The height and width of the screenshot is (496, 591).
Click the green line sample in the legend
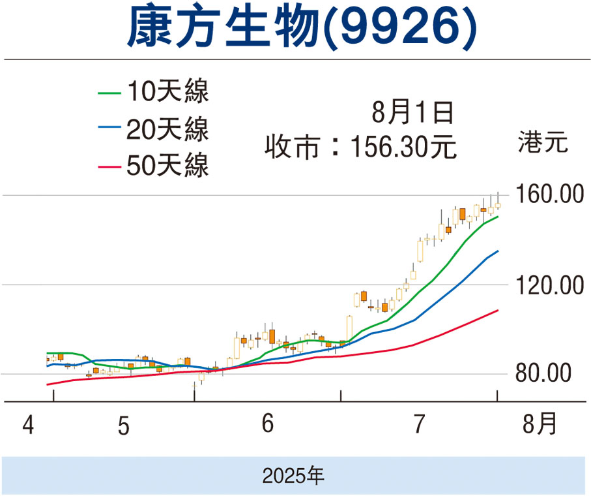(x=109, y=92)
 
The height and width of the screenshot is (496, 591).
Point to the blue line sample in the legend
(x=109, y=129)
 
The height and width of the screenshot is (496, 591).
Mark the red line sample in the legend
(x=109, y=166)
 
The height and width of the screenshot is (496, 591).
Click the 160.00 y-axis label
(x=546, y=194)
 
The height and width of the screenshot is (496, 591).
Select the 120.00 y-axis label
(x=546, y=285)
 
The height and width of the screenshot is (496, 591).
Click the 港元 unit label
(x=544, y=142)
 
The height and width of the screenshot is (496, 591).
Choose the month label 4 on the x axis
(x=27, y=426)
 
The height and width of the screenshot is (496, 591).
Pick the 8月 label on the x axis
(x=540, y=426)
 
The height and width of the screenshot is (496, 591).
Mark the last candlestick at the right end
(x=498, y=205)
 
